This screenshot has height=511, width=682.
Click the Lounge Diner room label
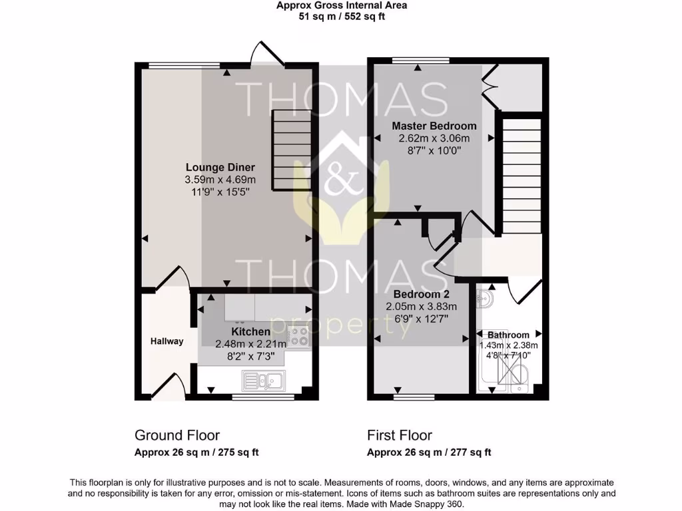point(220,168)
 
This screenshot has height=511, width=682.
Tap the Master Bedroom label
point(434,126)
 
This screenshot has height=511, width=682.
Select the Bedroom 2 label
point(421,294)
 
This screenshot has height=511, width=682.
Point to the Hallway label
point(166,341)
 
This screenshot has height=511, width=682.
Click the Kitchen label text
point(250,331)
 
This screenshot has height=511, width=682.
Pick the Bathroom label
point(508,335)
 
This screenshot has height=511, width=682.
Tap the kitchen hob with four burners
point(298,339)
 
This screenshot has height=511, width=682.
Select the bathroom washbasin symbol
point(486,299)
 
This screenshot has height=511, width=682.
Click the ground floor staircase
point(291,150)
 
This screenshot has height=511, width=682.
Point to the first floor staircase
point(521,175)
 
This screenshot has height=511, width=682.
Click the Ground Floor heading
point(177,436)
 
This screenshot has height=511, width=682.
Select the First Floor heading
point(400,436)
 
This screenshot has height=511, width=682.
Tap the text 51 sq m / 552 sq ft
point(342,17)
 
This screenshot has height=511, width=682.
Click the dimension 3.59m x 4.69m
point(220,180)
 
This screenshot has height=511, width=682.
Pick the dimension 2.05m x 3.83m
point(421,307)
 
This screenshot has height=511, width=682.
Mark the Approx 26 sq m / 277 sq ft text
point(429,452)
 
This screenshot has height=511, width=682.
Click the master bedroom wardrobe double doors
point(490,86)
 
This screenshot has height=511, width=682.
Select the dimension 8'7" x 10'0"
point(434,150)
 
